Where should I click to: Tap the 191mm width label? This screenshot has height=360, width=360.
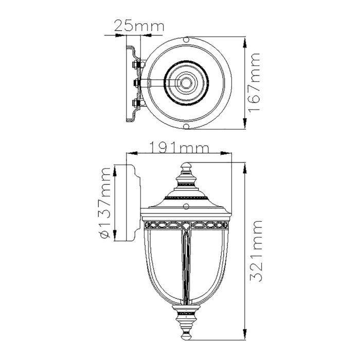(x=179, y=148)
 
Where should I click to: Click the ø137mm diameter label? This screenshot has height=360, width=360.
(x=106, y=204)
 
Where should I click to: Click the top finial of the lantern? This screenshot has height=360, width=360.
(x=186, y=169)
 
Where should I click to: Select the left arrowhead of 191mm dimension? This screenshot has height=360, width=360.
(x=129, y=153)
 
